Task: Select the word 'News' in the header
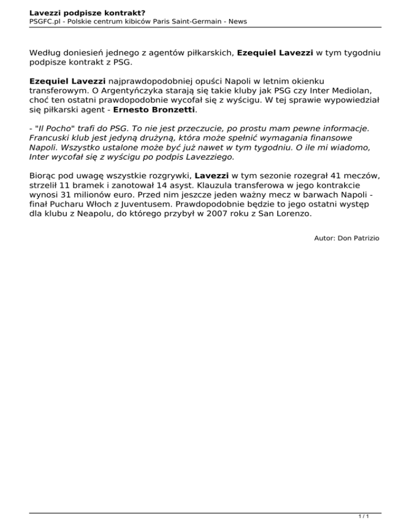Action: click(235, 21)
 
